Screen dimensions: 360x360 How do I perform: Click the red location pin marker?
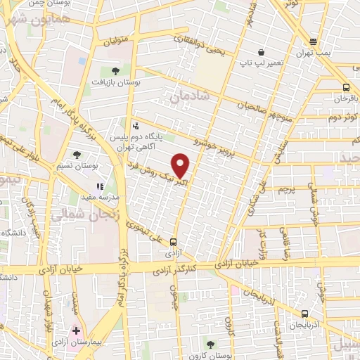(181, 165)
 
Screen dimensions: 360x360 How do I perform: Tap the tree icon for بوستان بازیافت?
(115, 71)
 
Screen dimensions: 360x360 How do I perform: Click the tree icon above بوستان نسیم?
(77, 155)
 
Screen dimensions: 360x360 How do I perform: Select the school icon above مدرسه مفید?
(100, 187)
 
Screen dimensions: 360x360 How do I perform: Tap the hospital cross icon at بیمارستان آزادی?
(76, 330)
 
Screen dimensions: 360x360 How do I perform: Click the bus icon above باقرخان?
(345, 87)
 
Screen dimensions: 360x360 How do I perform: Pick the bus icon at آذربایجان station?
(304, 314)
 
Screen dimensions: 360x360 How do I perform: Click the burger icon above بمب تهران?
(313, 41)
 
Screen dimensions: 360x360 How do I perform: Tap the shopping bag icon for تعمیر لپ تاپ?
(261, 52)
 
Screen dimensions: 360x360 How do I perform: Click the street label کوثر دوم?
(345, 115)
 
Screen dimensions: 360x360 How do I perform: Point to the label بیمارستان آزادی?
(77, 343)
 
